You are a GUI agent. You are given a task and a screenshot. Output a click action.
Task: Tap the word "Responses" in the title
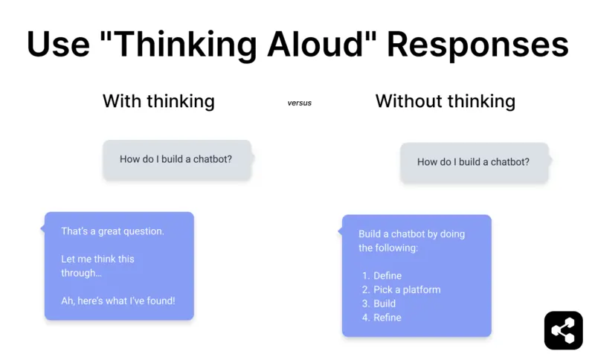pos(477,45)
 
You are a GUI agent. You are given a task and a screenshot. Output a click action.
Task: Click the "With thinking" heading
pos(158,101)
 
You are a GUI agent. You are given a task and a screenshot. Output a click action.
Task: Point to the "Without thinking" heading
pos(445,101)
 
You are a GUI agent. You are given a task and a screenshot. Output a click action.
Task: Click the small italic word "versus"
pos(299,103)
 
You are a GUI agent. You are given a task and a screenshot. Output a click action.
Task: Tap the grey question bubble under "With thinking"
pos(176,159)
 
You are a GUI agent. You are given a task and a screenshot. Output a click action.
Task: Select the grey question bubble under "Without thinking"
pos(474,162)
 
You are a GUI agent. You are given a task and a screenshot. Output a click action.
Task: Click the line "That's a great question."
pos(112,231)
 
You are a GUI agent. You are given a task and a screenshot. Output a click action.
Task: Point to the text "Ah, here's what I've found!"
pos(118,301)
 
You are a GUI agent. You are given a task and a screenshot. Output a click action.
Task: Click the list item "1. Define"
pos(382,276)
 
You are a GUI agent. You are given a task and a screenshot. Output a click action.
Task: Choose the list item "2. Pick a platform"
pos(401,290)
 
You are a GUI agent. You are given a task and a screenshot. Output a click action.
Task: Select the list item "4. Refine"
pos(382,318)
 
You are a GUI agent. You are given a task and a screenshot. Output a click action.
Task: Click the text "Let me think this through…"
pos(97,266)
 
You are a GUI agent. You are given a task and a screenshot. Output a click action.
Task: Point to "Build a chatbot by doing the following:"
pos(411,240)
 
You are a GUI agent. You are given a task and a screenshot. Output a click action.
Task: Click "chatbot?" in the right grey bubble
pos(510,162)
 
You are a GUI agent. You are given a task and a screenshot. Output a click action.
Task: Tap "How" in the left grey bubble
pos(130,159)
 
